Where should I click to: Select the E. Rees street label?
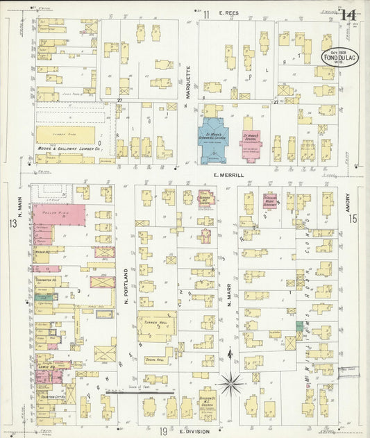point(228,13)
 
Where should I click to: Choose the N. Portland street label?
point(126,287)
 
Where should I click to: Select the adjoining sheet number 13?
point(12,224)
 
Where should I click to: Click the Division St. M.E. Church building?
point(208,398)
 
